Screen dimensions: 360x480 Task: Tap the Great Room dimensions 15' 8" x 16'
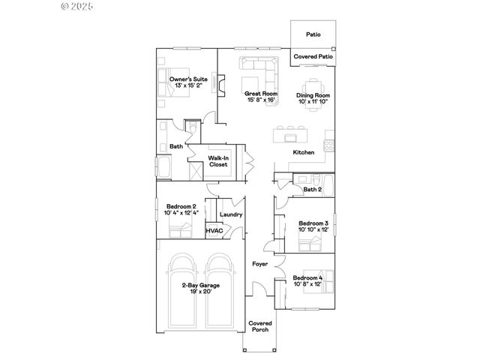(256, 99)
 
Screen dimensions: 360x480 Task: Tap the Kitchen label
(303, 152)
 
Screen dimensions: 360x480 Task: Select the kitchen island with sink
(290, 136)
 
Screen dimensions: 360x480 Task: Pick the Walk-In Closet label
(218, 161)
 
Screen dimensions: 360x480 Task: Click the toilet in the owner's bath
(193, 129)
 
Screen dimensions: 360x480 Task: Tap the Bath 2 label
(312, 190)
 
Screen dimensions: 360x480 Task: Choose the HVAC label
(214, 230)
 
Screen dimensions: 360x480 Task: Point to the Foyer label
(259, 264)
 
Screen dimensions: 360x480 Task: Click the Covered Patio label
(313, 57)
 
